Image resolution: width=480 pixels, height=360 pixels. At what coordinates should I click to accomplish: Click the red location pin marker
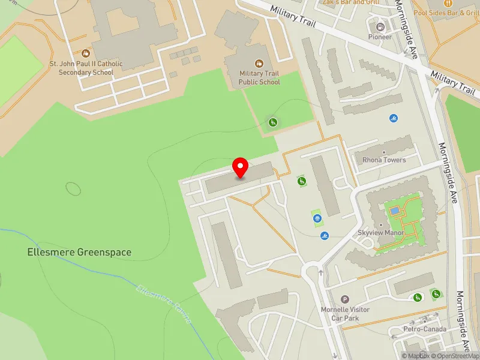(241, 167)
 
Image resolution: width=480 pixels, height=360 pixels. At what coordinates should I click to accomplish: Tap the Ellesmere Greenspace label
(79, 253)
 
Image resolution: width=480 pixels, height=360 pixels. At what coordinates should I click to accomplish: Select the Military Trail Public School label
(259, 77)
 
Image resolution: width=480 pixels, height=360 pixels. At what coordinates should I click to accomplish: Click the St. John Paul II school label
(86, 68)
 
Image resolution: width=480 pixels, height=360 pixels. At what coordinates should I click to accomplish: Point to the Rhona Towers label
(384, 160)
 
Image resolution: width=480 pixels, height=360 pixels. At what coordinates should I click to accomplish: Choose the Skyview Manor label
(380, 233)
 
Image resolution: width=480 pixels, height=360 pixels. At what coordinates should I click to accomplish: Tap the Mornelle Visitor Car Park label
(344, 313)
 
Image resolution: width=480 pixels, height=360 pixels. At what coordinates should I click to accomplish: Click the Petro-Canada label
(424, 329)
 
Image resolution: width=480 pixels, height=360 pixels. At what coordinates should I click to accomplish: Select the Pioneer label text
(380, 37)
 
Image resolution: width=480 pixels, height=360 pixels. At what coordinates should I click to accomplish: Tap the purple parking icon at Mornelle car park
(344, 299)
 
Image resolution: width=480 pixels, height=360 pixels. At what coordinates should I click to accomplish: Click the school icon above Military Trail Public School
(259, 63)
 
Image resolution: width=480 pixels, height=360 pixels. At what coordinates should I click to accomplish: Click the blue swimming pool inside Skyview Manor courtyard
(394, 211)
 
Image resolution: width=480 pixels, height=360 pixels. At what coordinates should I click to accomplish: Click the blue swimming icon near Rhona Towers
(394, 118)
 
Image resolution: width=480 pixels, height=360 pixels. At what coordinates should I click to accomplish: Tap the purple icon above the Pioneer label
(380, 26)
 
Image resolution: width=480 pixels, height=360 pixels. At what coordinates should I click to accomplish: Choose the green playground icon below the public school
(272, 123)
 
